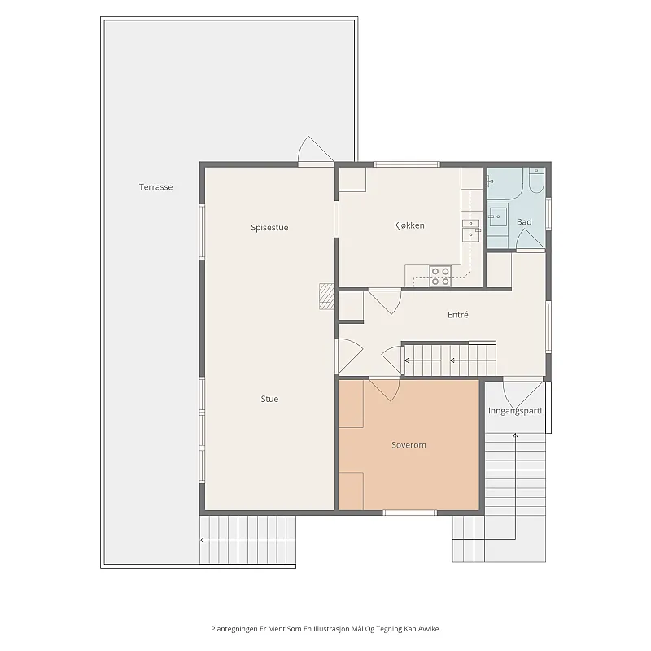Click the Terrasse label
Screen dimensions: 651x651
(x=155, y=187)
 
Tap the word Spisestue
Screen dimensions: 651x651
(x=269, y=228)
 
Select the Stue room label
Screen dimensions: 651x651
(x=269, y=399)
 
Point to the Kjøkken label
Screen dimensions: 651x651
(x=409, y=225)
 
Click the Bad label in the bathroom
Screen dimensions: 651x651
(x=524, y=222)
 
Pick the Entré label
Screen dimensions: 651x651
(x=458, y=315)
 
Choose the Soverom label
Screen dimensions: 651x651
(x=409, y=445)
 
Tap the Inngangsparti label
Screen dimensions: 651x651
(x=515, y=411)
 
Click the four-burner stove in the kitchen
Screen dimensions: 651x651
(x=440, y=277)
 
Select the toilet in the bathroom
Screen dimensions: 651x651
(x=536, y=180)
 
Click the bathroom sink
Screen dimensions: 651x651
(x=497, y=217)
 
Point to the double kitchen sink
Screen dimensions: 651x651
(x=470, y=230)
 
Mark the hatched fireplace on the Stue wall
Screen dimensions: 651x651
(x=326, y=296)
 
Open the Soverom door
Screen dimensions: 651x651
(x=385, y=390)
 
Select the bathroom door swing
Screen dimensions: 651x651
(x=530, y=240)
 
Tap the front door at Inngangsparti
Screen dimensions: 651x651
(x=523, y=395)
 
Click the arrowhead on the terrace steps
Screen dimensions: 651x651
(x=201, y=540)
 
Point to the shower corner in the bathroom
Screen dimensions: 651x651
(x=505, y=184)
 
